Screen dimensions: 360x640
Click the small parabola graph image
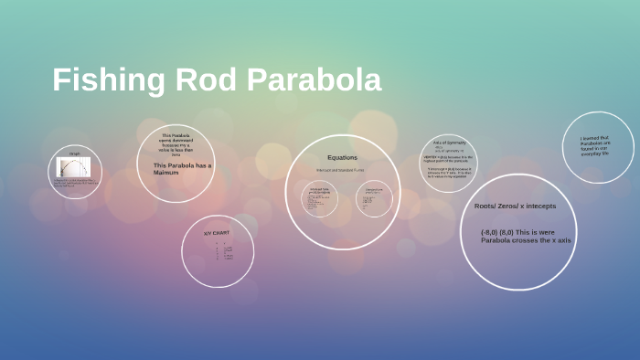(74, 169)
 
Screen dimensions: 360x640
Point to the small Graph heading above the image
(74, 154)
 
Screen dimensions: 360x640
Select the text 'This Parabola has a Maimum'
(176, 168)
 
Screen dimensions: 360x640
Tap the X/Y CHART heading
(217, 233)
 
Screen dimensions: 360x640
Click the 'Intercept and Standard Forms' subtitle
(341, 170)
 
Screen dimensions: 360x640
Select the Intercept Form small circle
(319, 198)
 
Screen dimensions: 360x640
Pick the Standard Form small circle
(374, 198)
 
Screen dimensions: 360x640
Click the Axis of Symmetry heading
(449, 143)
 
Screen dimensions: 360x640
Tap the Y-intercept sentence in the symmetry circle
(449, 173)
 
